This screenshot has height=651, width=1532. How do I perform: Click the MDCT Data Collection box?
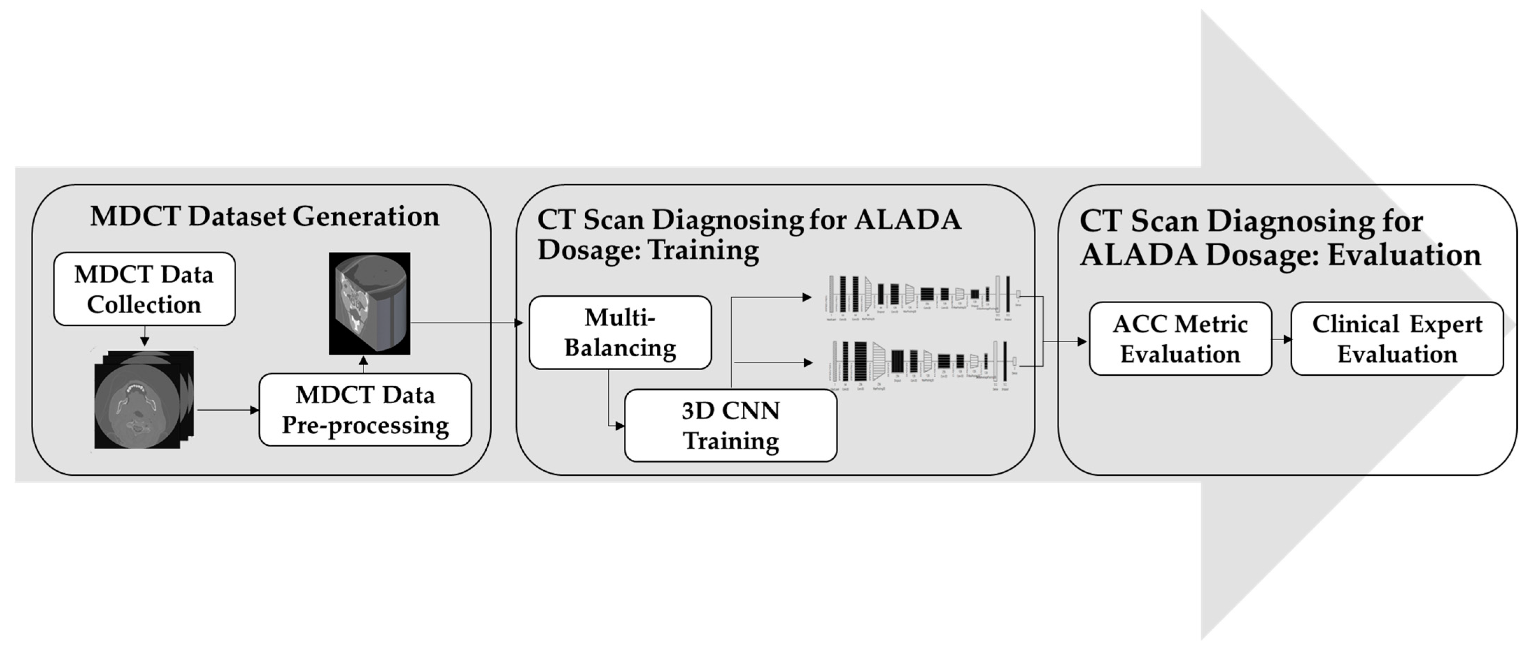[x=144, y=289]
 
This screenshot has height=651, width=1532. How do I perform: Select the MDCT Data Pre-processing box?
[x=365, y=410]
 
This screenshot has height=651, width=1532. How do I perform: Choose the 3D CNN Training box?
[x=730, y=426]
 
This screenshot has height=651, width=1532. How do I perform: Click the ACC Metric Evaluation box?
[x=1180, y=339]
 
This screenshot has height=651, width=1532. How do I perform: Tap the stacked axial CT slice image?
[x=143, y=400]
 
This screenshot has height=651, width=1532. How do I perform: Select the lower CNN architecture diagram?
[x=925, y=363]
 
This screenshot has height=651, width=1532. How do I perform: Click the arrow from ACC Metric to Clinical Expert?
[x=1282, y=339]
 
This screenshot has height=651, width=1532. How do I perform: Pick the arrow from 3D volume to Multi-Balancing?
[x=467, y=323]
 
